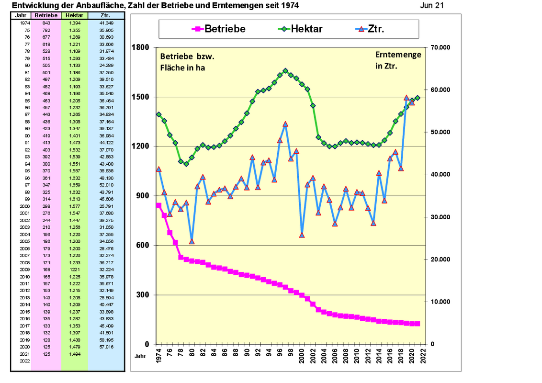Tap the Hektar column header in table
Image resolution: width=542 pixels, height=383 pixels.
pos(74,15)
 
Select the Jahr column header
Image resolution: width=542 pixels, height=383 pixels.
pos(21,15)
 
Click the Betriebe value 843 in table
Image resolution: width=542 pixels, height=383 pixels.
pos(46,23)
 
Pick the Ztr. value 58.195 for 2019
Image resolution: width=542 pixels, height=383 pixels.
pos(106,339)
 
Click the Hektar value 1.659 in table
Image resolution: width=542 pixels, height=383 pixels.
pos(74,185)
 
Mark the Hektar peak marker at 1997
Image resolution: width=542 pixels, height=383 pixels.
pos(285,71)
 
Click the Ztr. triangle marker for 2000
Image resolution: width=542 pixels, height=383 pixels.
pos(302,235)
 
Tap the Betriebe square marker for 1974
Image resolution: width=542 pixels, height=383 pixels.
pos(158,205)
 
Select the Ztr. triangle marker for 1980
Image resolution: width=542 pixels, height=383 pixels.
pos(192,241)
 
